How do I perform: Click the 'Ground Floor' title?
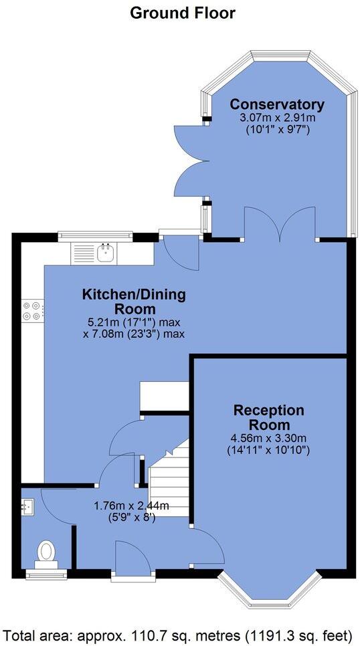(x=182, y=12)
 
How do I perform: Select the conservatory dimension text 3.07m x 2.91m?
(x=276, y=118)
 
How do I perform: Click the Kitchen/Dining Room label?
(x=134, y=302)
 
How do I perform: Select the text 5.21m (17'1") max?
(x=134, y=321)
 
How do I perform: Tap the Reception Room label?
(x=268, y=417)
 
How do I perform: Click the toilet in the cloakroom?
(x=46, y=553)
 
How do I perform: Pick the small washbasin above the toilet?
(x=27, y=506)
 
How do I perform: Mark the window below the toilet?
(x=46, y=573)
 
